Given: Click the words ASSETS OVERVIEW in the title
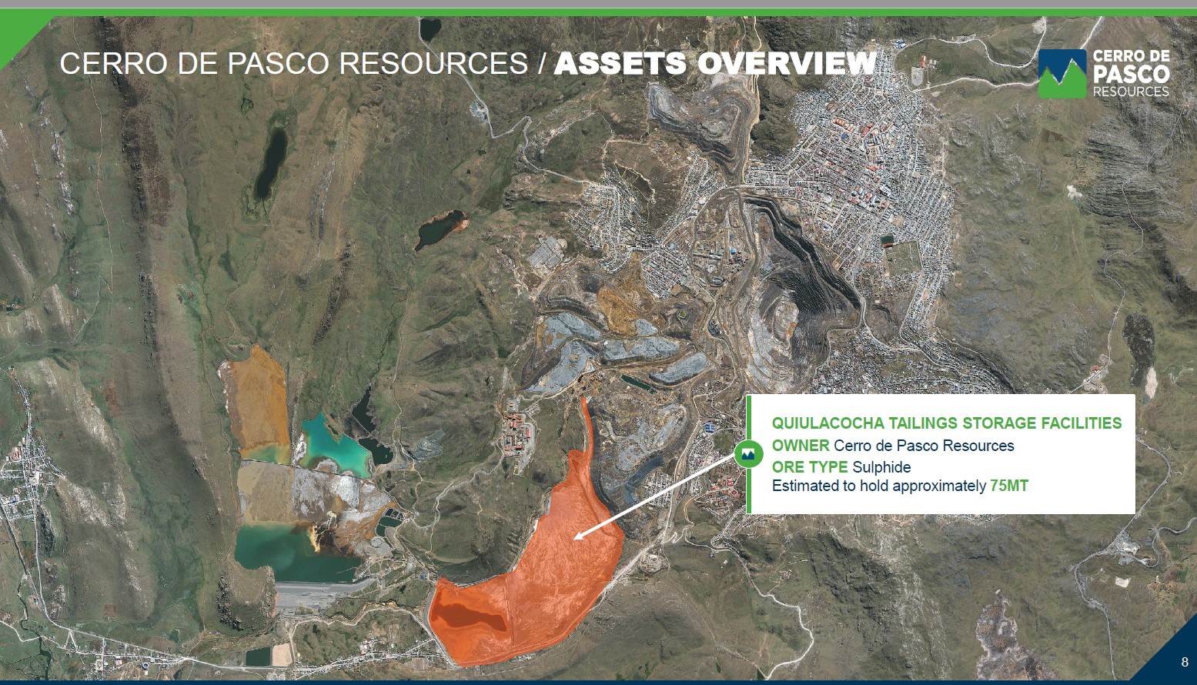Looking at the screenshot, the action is click(715, 63).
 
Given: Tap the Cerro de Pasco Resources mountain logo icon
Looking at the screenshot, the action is click(1062, 74).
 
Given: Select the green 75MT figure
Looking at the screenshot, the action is click(1009, 486).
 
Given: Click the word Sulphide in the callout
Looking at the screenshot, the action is click(881, 467).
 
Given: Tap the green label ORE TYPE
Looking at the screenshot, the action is click(810, 467).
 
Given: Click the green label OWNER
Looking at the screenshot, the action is click(801, 445).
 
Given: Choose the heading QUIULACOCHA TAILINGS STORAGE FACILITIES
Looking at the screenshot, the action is click(946, 423).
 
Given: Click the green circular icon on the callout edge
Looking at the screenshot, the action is click(749, 454).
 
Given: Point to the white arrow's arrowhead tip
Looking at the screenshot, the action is click(574, 539).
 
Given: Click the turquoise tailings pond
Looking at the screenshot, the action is click(334, 444).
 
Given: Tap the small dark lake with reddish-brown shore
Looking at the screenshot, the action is click(440, 229).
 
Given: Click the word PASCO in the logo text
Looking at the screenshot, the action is click(1132, 74).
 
